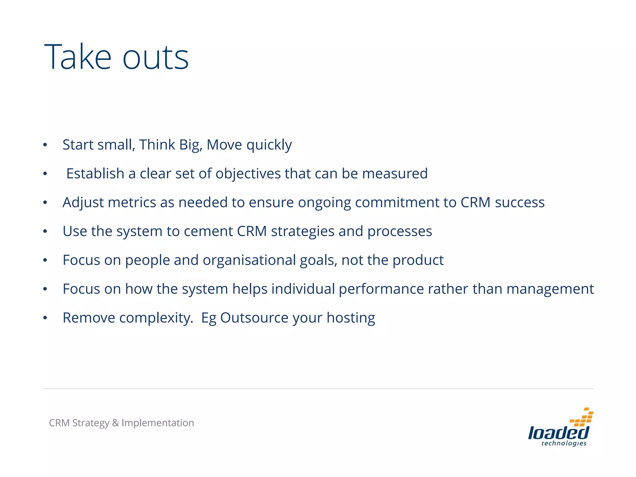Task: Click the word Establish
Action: point(95,173)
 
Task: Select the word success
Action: point(520,202)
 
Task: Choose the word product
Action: point(418,260)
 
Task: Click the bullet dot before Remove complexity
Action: point(45,318)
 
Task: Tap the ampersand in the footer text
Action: point(115,423)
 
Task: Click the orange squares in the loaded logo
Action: point(582,417)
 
